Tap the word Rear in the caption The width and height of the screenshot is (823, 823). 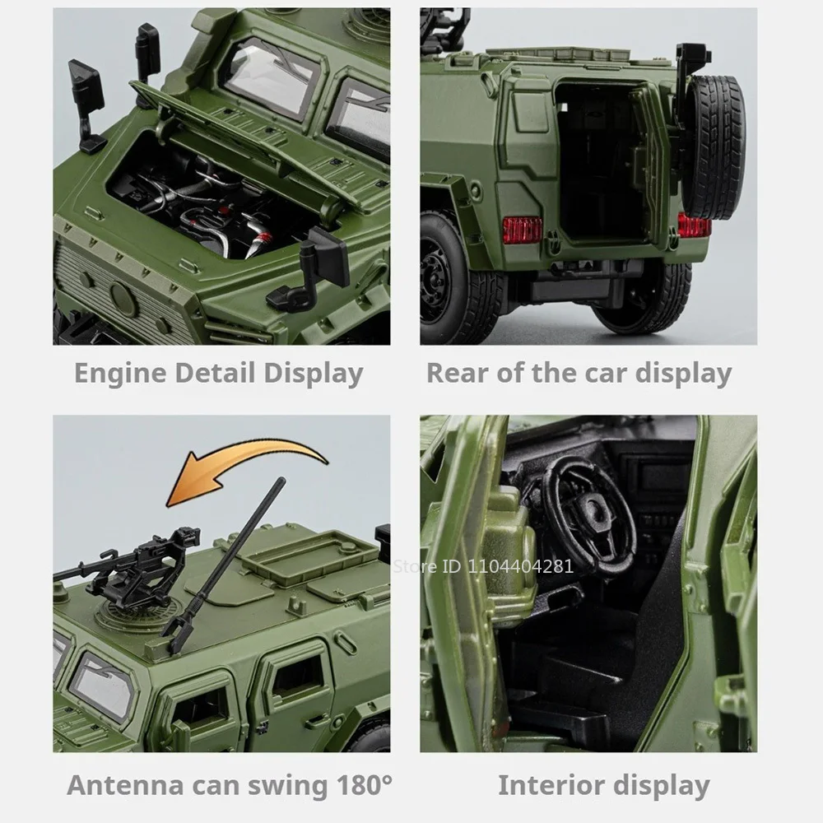click(x=455, y=373)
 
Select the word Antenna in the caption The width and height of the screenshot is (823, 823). click(x=128, y=784)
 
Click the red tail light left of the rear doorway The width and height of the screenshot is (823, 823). click(x=522, y=230)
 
